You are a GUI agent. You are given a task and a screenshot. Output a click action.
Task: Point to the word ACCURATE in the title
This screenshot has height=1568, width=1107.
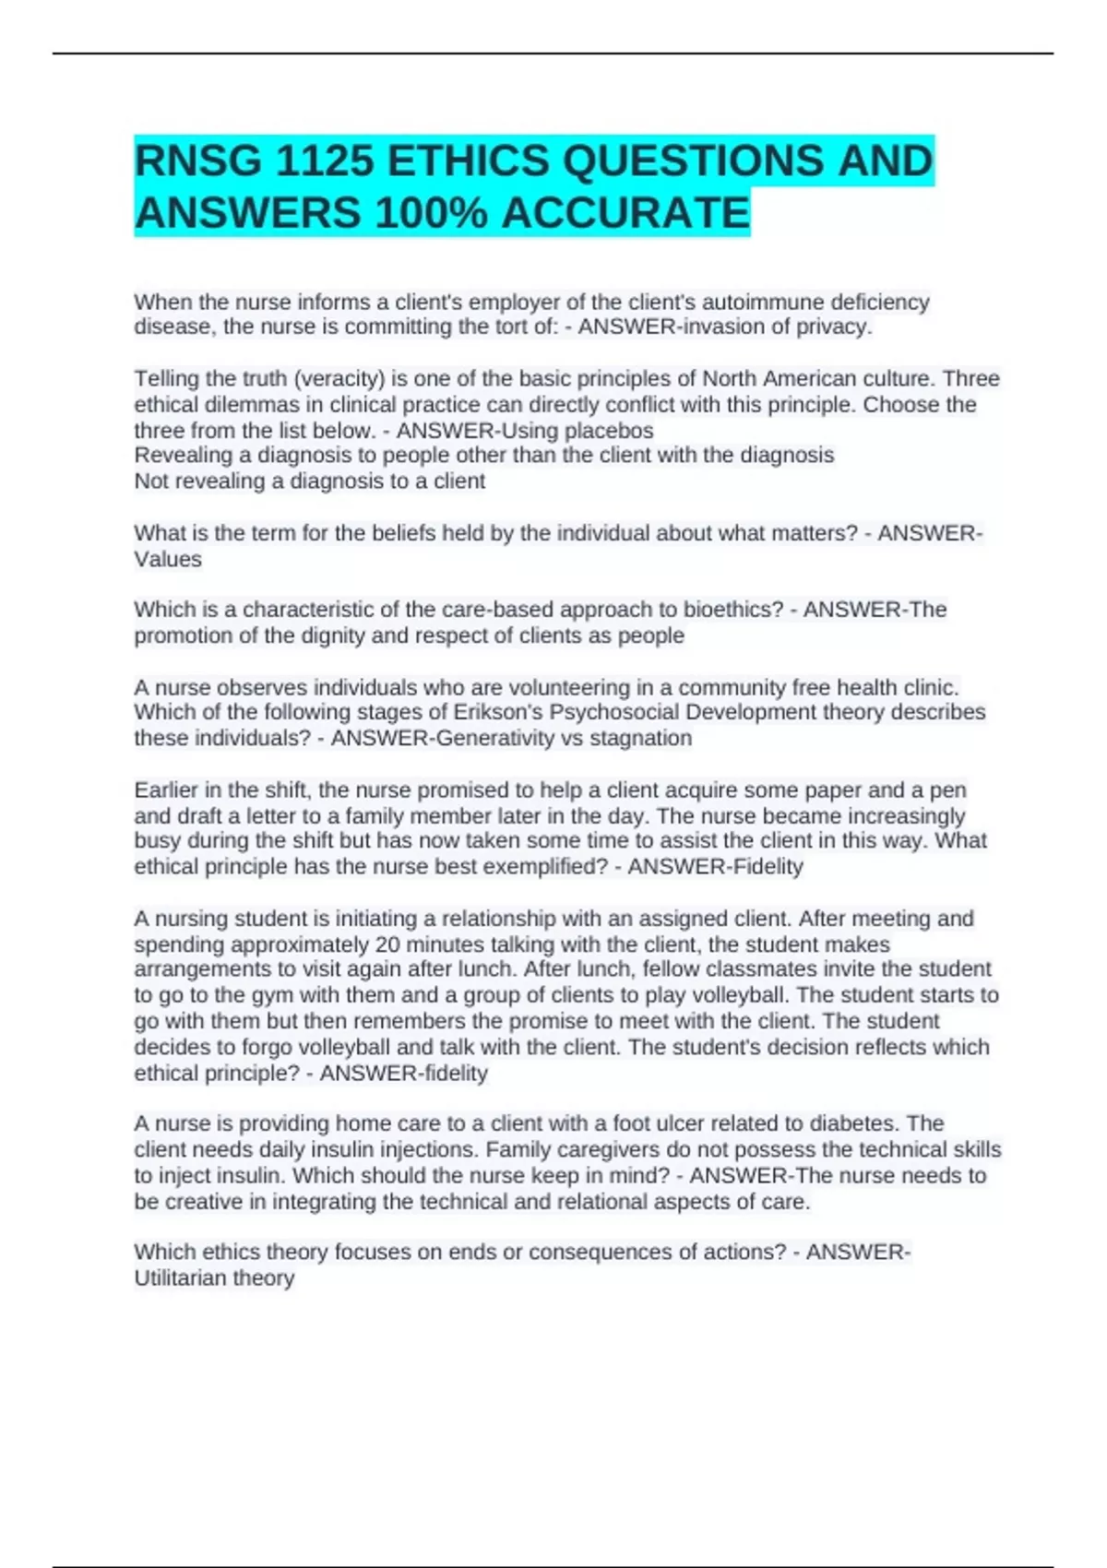tap(625, 213)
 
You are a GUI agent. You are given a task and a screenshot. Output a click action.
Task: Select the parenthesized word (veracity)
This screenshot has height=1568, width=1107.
tap(337, 378)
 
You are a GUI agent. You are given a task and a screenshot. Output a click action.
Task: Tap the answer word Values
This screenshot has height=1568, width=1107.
tap(168, 559)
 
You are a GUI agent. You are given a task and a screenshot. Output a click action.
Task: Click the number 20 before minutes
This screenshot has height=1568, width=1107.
tap(387, 944)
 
